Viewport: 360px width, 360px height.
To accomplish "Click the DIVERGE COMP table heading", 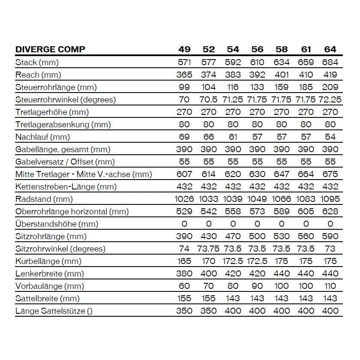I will (50, 49).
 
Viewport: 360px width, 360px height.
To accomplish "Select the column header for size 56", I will (257, 49).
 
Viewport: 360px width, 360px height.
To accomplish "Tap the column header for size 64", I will (330, 49).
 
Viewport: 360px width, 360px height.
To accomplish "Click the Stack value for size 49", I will (184, 62).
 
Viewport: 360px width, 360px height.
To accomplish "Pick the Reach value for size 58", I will (282, 75).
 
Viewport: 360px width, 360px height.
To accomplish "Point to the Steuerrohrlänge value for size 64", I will (330, 87).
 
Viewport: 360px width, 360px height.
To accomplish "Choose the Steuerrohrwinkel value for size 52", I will (209, 99).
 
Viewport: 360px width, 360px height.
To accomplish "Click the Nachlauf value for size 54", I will (233, 137).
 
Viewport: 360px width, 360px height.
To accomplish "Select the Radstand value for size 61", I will (306, 199).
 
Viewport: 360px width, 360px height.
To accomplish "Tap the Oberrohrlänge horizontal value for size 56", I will (257, 212).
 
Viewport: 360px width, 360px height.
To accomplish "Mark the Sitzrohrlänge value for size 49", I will (184, 237).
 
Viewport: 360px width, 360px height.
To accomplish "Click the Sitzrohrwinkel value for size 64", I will (330, 249).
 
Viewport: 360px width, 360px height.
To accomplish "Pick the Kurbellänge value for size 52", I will (209, 261).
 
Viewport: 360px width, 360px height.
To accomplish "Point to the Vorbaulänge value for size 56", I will (257, 286).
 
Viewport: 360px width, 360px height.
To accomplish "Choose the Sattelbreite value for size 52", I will (209, 299).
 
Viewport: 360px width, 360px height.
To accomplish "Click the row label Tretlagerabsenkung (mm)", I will (63, 125).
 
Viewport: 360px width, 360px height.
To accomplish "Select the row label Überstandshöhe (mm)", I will (57, 224).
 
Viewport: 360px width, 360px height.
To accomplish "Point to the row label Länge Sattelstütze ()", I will (54, 311).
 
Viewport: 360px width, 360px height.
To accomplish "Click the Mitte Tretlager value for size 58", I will (282, 174).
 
